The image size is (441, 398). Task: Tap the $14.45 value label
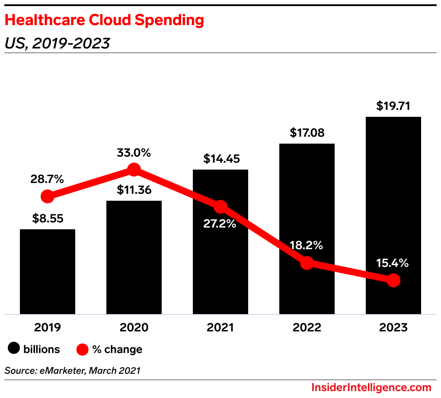[x=220, y=159]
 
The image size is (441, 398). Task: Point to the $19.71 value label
[x=393, y=106]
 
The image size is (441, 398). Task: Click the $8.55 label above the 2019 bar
[x=48, y=218]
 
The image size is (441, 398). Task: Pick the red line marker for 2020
[x=134, y=170]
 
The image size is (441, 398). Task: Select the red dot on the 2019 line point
[x=48, y=196]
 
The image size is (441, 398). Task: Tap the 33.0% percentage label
[x=134, y=153]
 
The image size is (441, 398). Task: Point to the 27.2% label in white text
[x=220, y=224]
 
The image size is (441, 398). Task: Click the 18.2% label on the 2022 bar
[x=307, y=245]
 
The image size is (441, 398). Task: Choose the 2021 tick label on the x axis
[x=220, y=327]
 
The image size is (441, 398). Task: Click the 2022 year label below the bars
[x=307, y=327]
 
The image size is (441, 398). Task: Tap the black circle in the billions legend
[x=14, y=349]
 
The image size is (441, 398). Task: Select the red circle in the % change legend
[x=83, y=349]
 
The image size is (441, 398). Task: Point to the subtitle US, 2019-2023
[x=57, y=43]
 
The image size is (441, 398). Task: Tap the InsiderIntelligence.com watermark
[x=371, y=387]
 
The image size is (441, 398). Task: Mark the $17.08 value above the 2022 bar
[x=307, y=132]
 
